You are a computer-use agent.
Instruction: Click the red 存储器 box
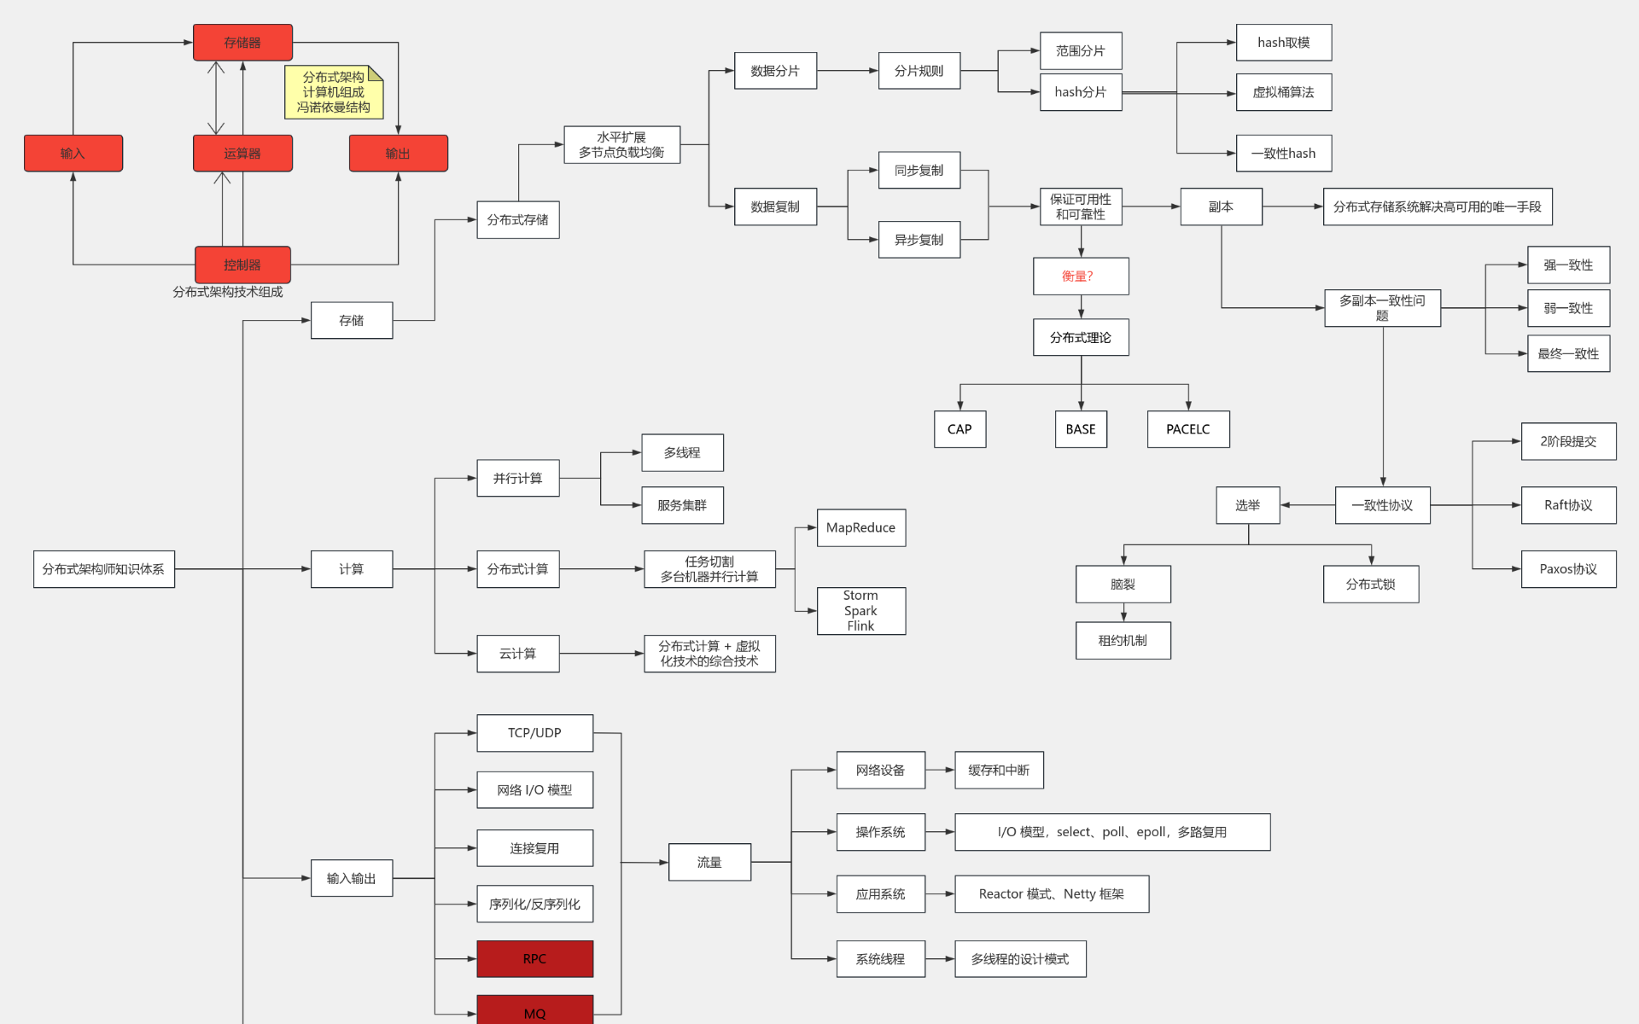click(x=242, y=43)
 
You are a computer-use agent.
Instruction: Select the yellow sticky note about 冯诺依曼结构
click(x=333, y=92)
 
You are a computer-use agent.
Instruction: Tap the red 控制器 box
click(x=242, y=265)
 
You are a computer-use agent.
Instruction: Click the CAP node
click(x=959, y=429)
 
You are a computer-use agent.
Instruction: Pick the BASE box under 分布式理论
click(x=1081, y=429)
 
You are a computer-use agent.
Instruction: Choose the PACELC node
click(x=1187, y=429)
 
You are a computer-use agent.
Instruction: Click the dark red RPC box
click(x=534, y=958)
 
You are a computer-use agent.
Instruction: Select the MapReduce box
click(x=860, y=527)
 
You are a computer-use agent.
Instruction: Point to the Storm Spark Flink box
click(x=860, y=610)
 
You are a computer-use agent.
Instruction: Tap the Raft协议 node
click(x=1568, y=505)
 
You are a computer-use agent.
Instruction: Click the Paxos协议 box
click(x=1568, y=569)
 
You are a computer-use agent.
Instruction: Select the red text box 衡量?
click(x=1080, y=276)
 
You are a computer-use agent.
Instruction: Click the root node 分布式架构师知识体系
click(x=103, y=569)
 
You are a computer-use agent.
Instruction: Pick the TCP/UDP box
click(x=534, y=733)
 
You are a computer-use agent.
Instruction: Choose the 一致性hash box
click(x=1283, y=154)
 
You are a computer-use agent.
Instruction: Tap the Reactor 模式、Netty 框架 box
click(x=1051, y=893)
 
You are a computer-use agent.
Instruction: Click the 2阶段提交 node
click(x=1568, y=441)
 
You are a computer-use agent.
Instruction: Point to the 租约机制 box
click(x=1123, y=641)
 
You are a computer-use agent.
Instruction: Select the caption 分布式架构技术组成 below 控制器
click(x=228, y=292)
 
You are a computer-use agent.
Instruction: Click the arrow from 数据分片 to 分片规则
click(x=847, y=71)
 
